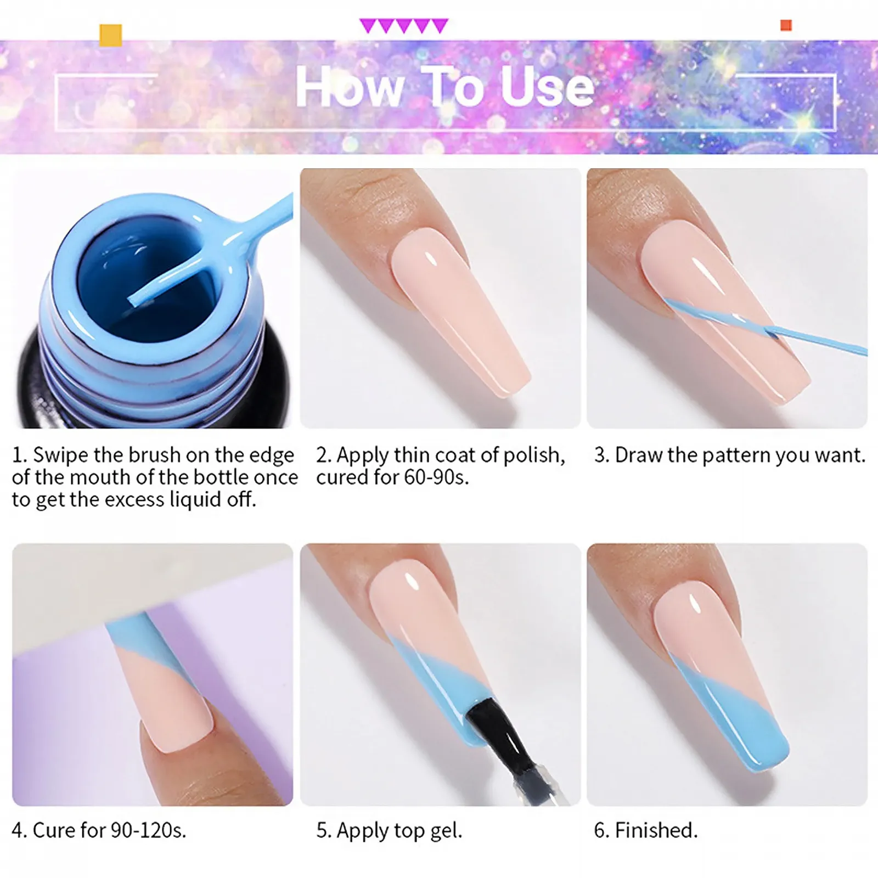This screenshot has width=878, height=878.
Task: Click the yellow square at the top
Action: [x=110, y=35]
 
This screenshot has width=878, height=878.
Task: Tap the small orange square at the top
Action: [x=786, y=25]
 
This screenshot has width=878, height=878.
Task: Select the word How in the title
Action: [x=350, y=87]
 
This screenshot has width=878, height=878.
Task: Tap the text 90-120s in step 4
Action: [x=148, y=830]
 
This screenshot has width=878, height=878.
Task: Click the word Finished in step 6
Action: [x=656, y=830]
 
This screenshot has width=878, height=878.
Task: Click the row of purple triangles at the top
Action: [x=404, y=26]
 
